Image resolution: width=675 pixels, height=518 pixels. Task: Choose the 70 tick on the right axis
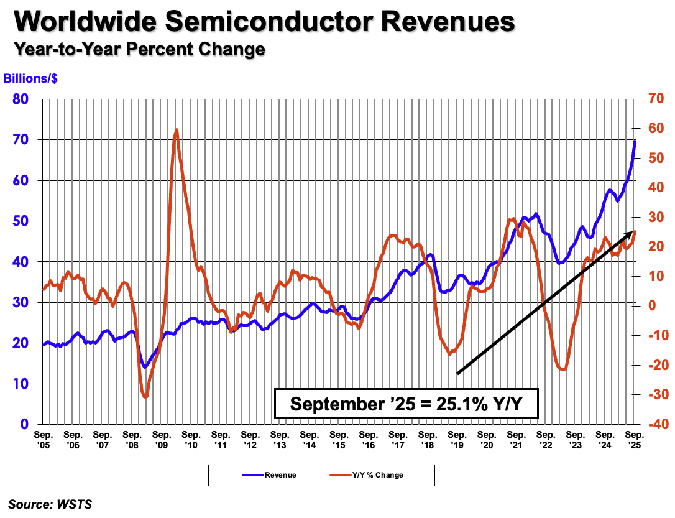click(x=656, y=98)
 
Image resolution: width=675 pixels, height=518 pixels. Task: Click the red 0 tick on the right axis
click(x=651, y=305)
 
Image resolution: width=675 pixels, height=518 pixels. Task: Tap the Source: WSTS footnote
click(x=50, y=504)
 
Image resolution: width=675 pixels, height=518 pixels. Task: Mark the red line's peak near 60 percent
click(x=177, y=130)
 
